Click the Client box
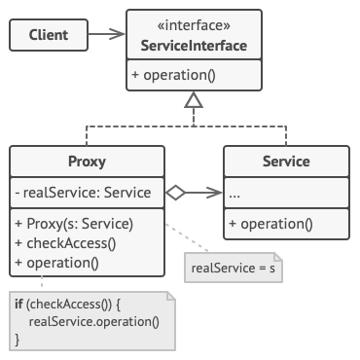(49, 36)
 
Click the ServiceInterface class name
(194, 46)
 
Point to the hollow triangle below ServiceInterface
(194, 98)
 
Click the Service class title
(286, 162)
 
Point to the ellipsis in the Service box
(235, 193)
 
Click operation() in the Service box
(270, 224)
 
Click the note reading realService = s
(233, 267)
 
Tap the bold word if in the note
(19, 305)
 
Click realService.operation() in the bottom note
(93, 321)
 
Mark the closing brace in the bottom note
(18, 339)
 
